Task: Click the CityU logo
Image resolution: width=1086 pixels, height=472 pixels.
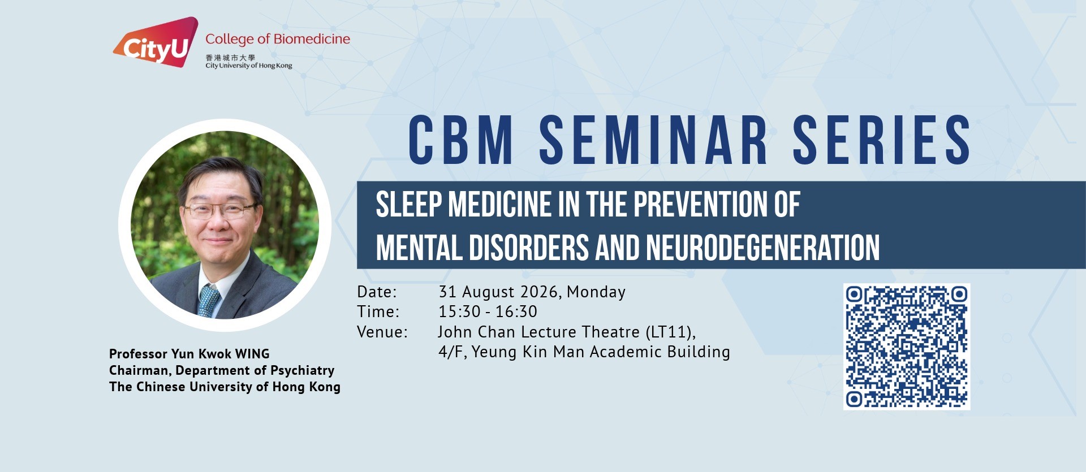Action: (156, 42)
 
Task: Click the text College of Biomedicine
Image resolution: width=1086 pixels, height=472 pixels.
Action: (278, 39)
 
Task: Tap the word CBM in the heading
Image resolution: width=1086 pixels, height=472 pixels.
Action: (461, 140)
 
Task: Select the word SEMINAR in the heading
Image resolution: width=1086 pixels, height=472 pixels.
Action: (653, 140)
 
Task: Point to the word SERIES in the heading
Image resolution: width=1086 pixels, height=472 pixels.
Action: (882, 140)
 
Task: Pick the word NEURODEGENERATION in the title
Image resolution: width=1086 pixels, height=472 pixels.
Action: (763, 248)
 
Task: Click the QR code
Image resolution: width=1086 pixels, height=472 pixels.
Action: (907, 347)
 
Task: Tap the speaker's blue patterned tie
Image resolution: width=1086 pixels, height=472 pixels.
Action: (208, 300)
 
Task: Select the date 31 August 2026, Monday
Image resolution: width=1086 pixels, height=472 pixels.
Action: (532, 292)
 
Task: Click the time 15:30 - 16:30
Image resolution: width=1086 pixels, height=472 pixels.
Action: (488, 311)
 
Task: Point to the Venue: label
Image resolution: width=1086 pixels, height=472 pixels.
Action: (382, 332)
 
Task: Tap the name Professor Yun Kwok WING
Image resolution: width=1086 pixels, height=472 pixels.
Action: (189, 354)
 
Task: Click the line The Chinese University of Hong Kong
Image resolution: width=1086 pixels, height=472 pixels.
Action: (225, 387)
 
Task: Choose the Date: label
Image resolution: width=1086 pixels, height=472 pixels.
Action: (377, 292)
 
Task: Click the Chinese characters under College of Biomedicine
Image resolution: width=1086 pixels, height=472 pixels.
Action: (230, 58)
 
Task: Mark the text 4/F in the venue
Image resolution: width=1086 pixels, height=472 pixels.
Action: (451, 352)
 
